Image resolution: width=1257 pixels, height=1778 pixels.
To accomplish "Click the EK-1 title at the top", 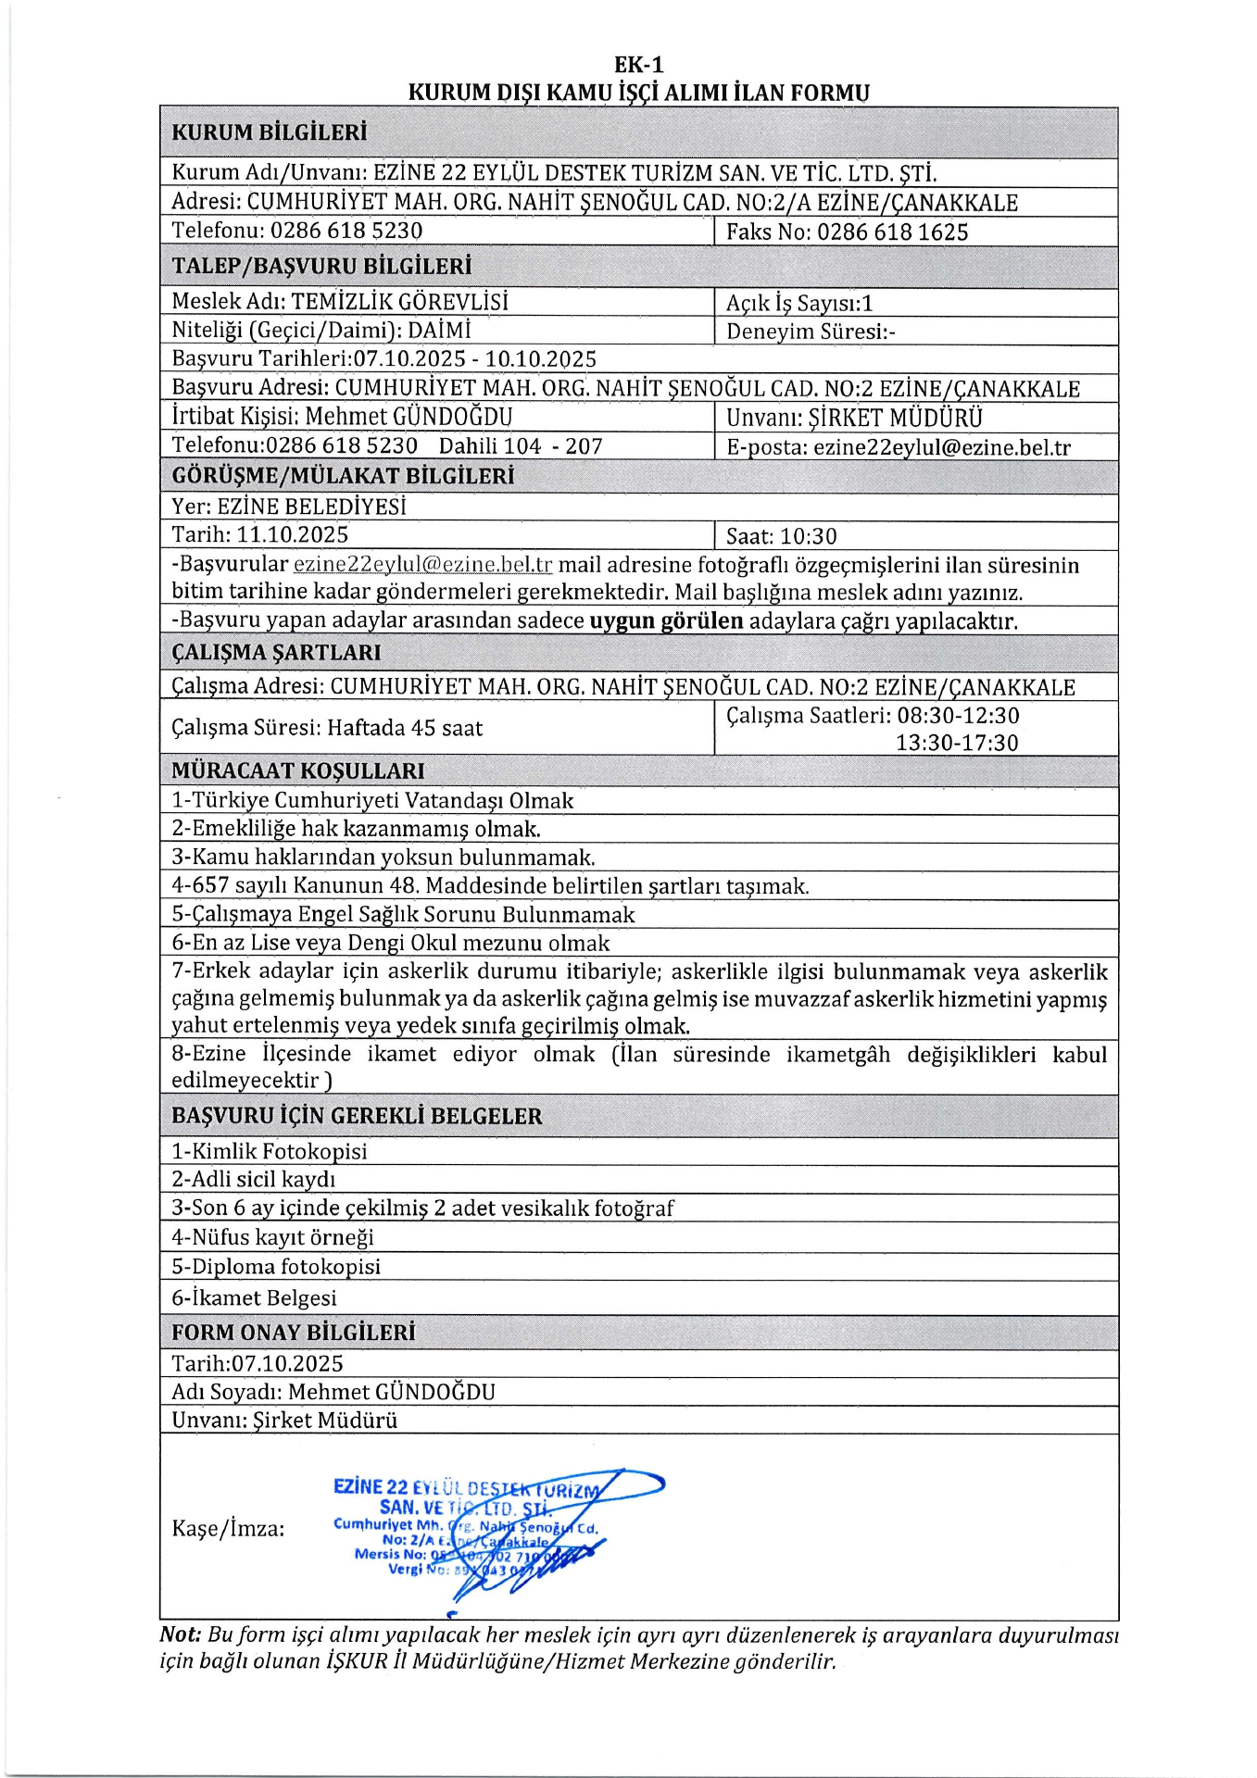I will pyautogui.click(x=638, y=65).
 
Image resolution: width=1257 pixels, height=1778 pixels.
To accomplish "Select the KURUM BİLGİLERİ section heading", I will pyautogui.click(x=269, y=132).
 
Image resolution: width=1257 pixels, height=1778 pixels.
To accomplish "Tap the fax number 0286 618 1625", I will pyautogui.click(x=892, y=232).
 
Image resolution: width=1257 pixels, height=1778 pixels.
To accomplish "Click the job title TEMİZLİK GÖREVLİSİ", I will pyautogui.click(x=399, y=302).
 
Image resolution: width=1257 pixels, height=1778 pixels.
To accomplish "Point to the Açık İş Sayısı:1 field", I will pyautogui.click(x=798, y=304).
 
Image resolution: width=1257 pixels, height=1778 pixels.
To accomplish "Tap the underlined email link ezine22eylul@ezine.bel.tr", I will pyautogui.click(x=422, y=565).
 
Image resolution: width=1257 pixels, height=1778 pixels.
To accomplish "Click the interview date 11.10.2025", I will pyautogui.click(x=293, y=535).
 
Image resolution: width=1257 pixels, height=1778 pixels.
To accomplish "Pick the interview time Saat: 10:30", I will pyautogui.click(x=781, y=537).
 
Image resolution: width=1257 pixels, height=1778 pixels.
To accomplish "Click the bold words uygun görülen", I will pyautogui.click(x=666, y=621).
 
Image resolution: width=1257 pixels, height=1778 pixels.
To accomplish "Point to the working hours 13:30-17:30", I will pyautogui.click(x=957, y=743).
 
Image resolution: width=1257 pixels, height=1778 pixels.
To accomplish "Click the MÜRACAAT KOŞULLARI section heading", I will pyautogui.click(x=297, y=770).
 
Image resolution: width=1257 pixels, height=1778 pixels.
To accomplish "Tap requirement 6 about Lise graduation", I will pyautogui.click(x=391, y=944).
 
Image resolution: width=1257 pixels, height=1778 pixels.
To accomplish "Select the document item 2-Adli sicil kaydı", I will pyautogui.click(x=253, y=1180).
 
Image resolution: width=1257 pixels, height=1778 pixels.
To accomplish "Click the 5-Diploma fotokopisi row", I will pyautogui.click(x=276, y=1267).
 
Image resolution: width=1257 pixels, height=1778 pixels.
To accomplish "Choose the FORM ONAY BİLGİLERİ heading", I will pyautogui.click(x=293, y=1333).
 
